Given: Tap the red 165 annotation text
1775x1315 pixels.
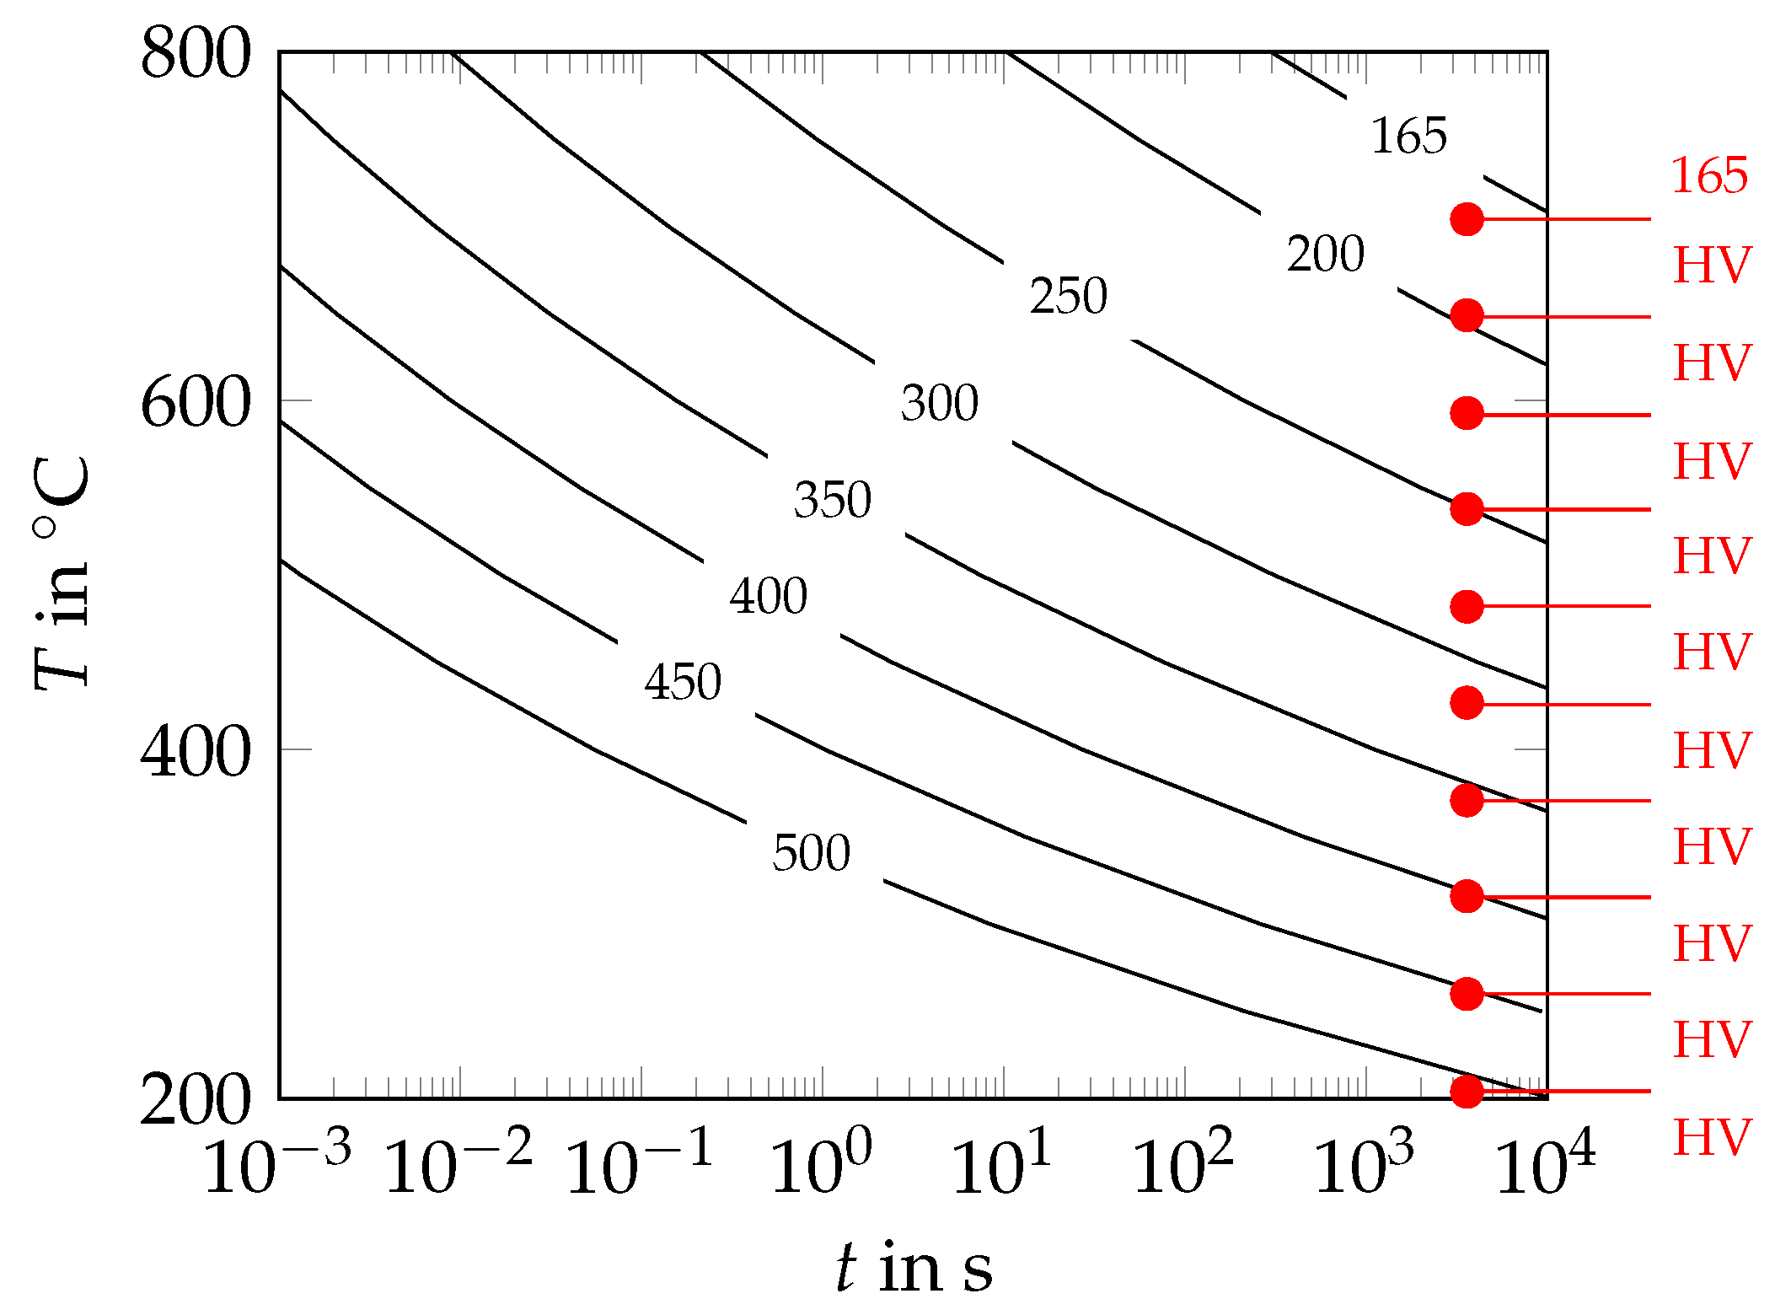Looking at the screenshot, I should pos(1709,175).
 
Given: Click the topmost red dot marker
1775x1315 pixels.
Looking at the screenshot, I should pos(1467,219).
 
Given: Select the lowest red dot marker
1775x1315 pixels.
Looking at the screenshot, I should pos(1467,1091).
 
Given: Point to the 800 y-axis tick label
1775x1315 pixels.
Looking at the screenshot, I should pos(196,53).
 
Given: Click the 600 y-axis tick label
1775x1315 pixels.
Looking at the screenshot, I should pos(196,402).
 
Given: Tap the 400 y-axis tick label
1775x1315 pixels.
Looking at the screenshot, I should pos(196,751).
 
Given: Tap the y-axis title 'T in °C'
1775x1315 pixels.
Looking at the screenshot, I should pos(61,573).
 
